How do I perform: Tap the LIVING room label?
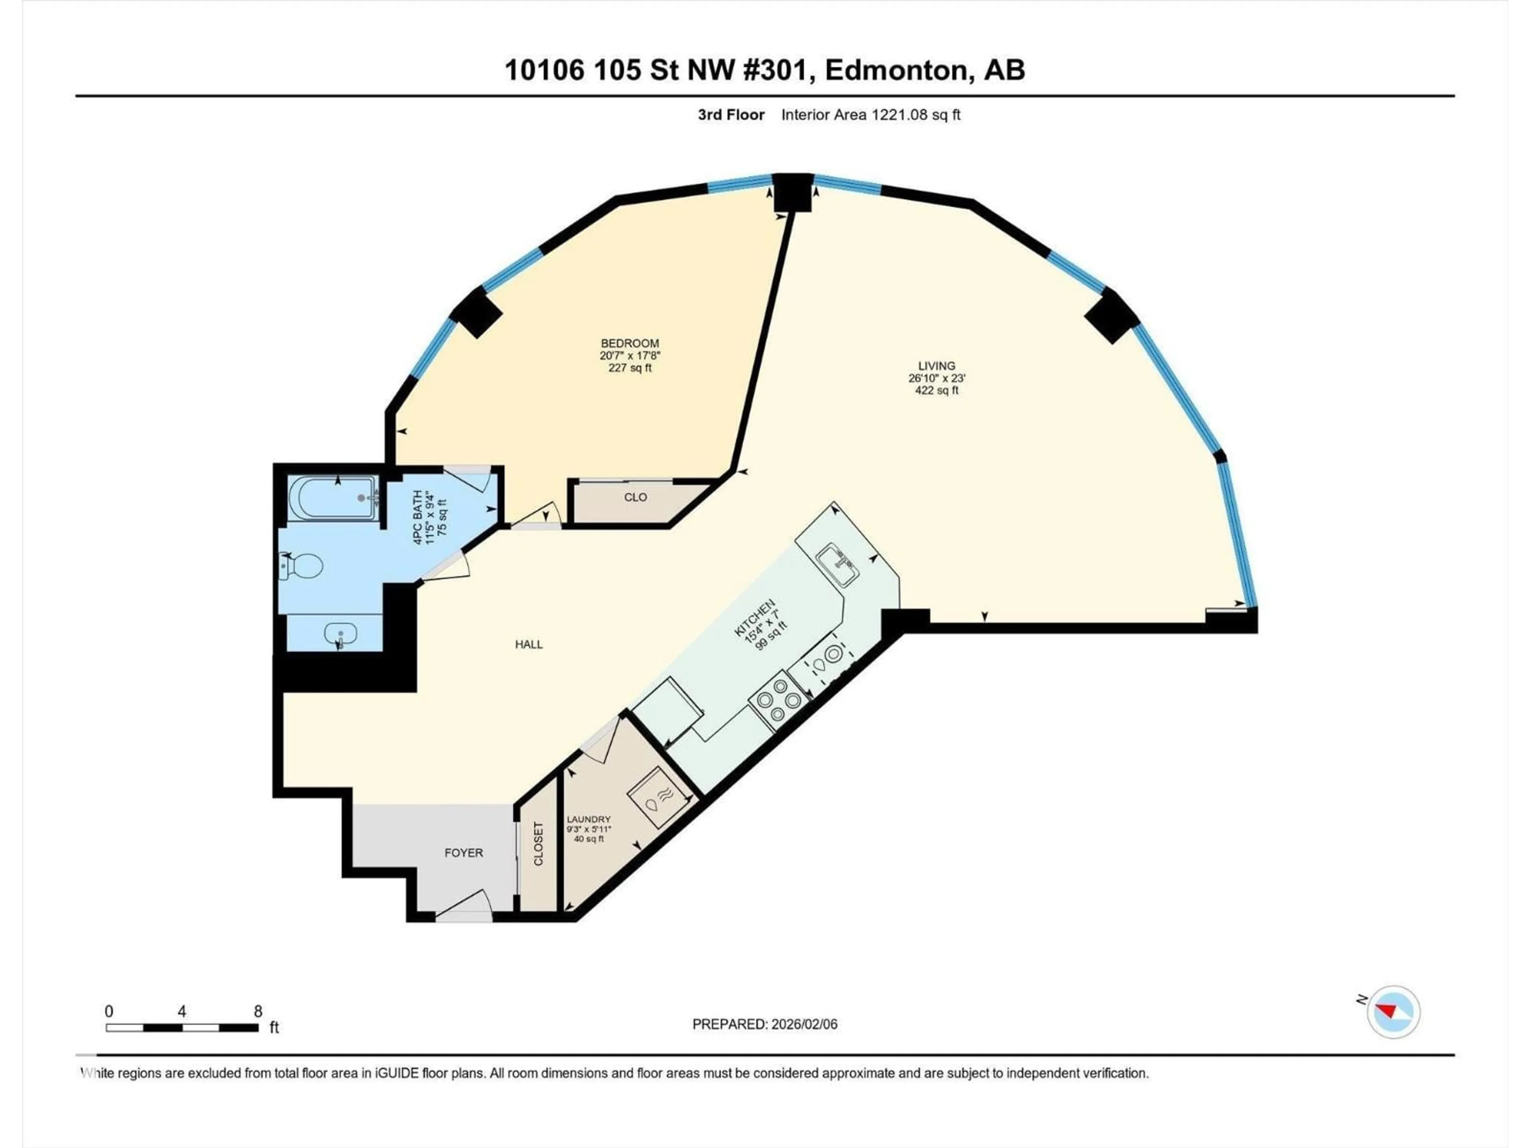[x=937, y=366]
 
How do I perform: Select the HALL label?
[x=529, y=644]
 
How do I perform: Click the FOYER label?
[x=463, y=853]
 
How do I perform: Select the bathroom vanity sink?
[x=340, y=633]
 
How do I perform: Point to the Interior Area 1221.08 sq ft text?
[x=871, y=115]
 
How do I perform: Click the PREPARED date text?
[x=764, y=1024]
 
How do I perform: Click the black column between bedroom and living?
[x=793, y=193]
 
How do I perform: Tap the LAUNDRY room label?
[x=588, y=819]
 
